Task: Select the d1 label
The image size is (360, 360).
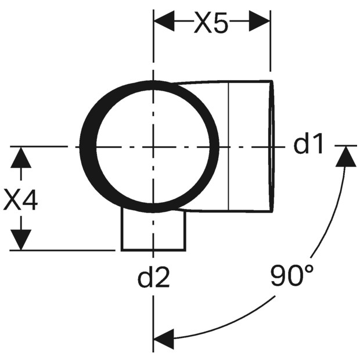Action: coord(308,144)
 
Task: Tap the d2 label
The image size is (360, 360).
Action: coord(153,277)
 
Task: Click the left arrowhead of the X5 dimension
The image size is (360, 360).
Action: coord(164,21)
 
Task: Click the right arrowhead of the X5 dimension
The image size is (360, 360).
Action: coord(260,21)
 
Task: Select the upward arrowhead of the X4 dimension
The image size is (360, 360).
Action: coord(21,157)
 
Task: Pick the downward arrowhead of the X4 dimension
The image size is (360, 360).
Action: coord(21,240)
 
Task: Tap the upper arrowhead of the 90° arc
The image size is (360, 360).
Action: coord(345,157)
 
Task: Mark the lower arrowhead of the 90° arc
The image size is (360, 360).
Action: coord(164,339)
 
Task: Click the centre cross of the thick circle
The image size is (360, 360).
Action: coord(153,146)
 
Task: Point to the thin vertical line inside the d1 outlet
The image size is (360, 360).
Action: coord(229,146)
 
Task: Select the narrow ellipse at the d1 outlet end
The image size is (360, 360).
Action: coord(271,146)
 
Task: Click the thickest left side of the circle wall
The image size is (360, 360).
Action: coord(88,146)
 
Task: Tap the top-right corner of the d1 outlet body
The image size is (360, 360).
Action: coord(272,81)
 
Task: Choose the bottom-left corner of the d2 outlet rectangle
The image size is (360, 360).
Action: coord(122,250)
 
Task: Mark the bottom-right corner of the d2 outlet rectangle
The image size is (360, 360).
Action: coord(185,250)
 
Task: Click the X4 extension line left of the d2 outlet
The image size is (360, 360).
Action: coord(63,250)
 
